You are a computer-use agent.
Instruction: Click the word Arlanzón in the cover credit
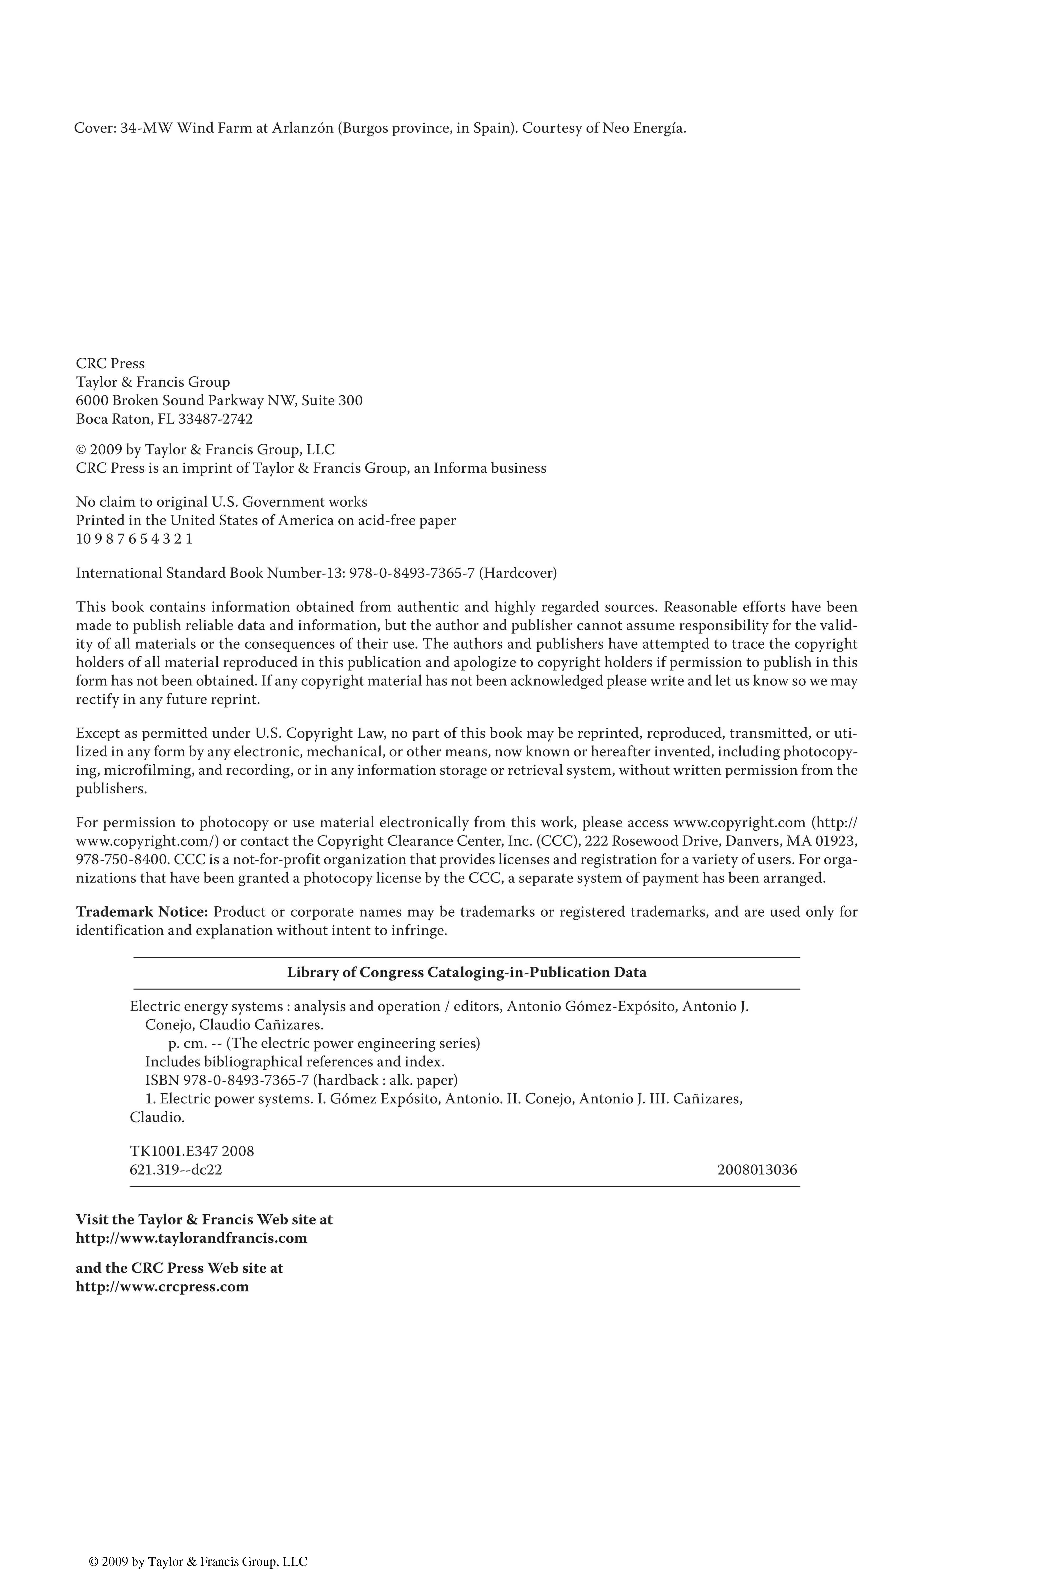[x=302, y=128]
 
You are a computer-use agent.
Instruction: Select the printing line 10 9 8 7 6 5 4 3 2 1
[x=134, y=539]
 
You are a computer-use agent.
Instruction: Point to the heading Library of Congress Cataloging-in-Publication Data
[x=467, y=973]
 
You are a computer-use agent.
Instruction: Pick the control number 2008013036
[x=757, y=1170]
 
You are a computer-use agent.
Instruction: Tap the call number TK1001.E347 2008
[x=192, y=1151]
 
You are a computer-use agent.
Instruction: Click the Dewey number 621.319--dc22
[x=176, y=1170]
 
